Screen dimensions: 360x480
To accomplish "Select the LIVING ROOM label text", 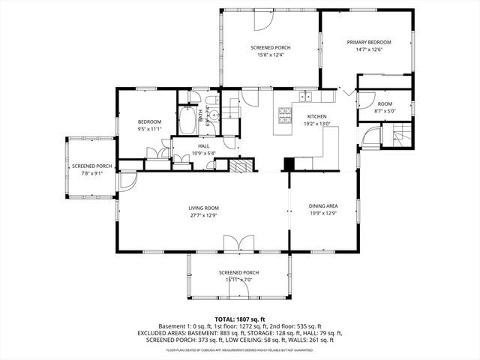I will click(x=202, y=208).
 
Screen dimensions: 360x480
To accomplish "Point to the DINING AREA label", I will click(x=323, y=206).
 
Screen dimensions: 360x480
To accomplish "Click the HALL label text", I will click(x=203, y=146).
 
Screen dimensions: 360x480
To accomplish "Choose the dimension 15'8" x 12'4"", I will click(x=270, y=55).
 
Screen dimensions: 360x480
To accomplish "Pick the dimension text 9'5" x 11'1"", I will click(x=150, y=129).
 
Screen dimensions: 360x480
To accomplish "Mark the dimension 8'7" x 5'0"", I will click(x=384, y=112).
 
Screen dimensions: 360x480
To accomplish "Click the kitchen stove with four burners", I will click(x=285, y=115).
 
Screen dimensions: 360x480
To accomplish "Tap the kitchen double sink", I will click(x=305, y=96).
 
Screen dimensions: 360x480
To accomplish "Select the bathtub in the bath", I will click(x=187, y=121).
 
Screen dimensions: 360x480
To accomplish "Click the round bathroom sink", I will click(x=213, y=115).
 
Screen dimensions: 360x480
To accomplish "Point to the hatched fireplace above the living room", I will click(x=240, y=166).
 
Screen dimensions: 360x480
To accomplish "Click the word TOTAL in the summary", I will click(x=225, y=319).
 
